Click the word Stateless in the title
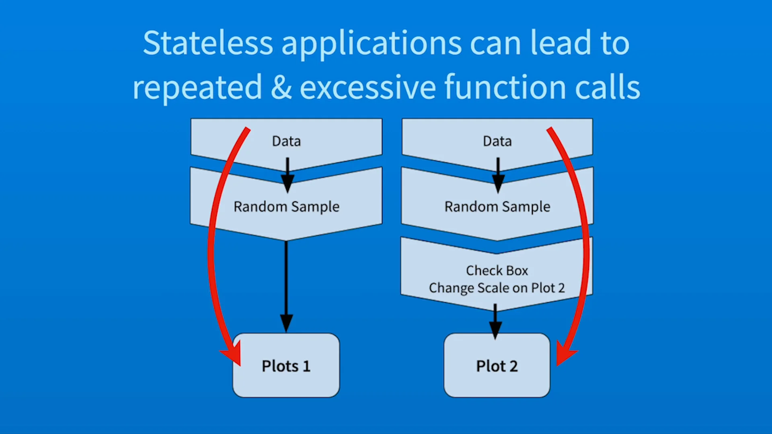coord(208,43)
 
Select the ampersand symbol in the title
coord(281,87)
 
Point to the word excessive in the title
coord(368,88)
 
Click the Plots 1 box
coord(286,365)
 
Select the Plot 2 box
coord(497,365)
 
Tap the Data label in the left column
coord(286,141)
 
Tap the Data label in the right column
coord(497,141)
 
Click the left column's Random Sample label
coord(286,207)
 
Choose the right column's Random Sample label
coord(497,207)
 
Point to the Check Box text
coord(497,270)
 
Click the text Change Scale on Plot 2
coord(497,288)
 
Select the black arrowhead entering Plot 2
coord(495,330)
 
